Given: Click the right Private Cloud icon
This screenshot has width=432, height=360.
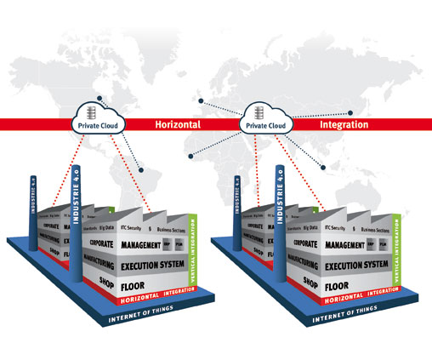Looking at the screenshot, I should (263, 118).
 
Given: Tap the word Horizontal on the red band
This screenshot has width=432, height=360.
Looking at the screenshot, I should (177, 124).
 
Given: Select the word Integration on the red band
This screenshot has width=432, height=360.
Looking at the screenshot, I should (344, 124).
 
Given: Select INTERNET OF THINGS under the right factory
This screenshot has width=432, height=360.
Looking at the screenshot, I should (338, 321).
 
